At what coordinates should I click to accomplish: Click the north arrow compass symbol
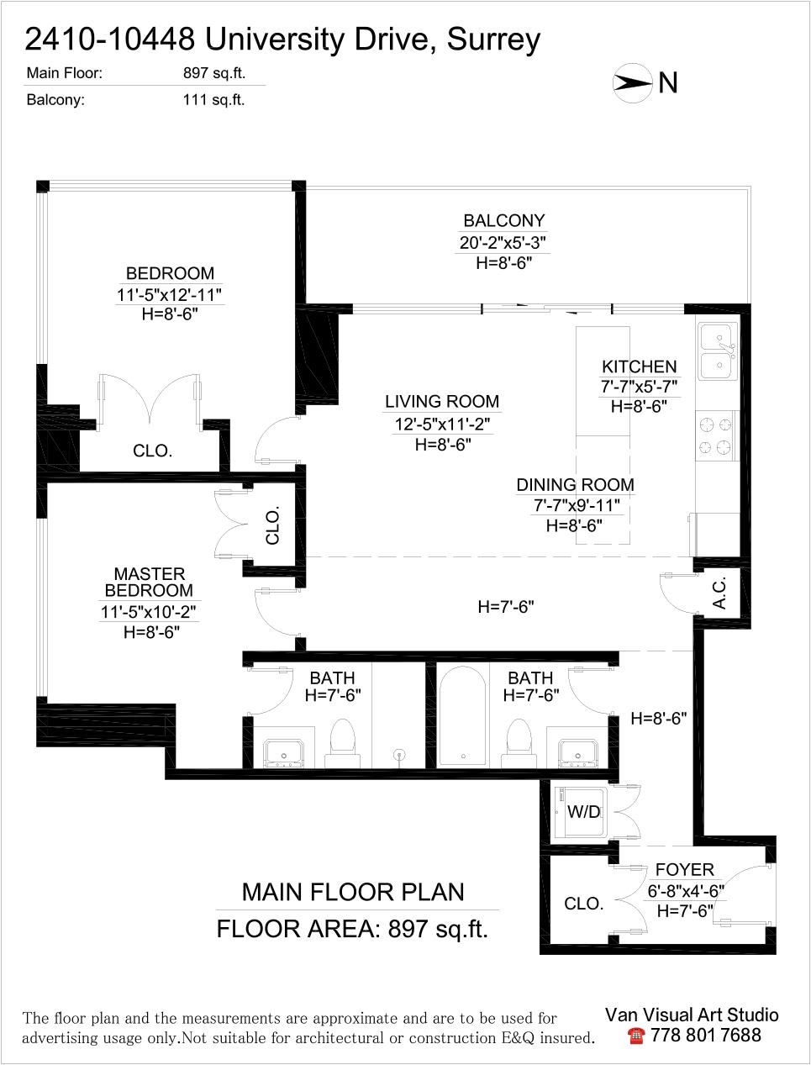[x=633, y=83]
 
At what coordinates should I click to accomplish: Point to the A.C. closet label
[x=720, y=593]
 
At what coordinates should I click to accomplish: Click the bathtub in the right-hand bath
[x=463, y=717]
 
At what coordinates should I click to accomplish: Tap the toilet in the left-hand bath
[x=342, y=743]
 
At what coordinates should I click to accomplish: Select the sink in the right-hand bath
[x=577, y=753]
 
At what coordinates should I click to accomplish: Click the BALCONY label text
[x=504, y=221]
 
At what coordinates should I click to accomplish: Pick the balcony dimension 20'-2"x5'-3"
[x=504, y=242]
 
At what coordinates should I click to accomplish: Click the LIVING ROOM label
[x=442, y=402]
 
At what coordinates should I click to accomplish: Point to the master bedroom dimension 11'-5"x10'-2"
[x=148, y=612]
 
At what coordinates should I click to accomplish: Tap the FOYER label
[x=684, y=870]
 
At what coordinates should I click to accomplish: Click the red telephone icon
[x=636, y=1036]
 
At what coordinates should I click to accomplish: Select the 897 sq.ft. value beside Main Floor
[x=214, y=73]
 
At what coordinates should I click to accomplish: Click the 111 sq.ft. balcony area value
[x=213, y=100]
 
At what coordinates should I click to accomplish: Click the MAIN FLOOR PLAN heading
[x=353, y=893]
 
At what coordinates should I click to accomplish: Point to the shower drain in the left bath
[x=399, y=755]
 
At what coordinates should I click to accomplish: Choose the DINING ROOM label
[x=576, y=485]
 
